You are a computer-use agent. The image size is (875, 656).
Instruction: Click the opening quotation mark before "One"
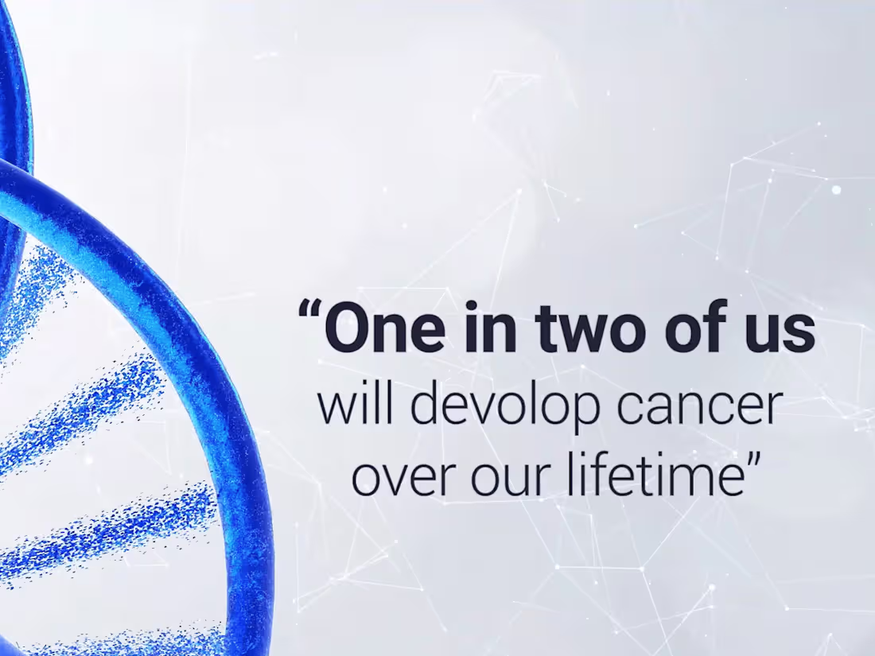(309, 310)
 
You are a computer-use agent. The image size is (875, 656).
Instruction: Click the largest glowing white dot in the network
(836, 190)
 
